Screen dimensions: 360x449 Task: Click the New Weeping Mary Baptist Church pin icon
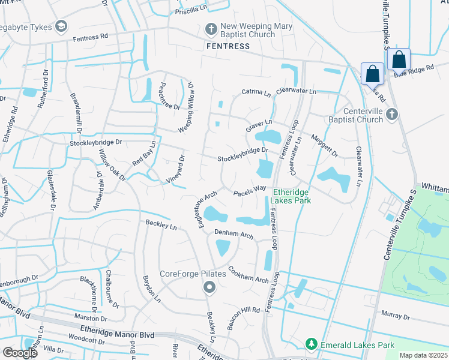(211, 29)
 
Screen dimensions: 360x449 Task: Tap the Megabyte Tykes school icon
(61, 26)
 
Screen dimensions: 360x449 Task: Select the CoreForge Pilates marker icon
(209, 287)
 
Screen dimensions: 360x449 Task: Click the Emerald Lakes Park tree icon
(311, 344)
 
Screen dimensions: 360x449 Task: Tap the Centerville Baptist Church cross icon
(391, 114)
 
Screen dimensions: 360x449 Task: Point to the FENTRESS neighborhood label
(228, 46)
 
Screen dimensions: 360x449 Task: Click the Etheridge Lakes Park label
(292, 196)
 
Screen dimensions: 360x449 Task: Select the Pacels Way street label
(250, 190)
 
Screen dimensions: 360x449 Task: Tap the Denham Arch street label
(234, 233)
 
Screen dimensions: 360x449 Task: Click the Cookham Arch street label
(248, 275)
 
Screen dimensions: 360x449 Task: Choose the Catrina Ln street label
(256, 93)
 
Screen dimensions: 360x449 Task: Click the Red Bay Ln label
(144, 154)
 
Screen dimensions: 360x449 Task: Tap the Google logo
(19, 353)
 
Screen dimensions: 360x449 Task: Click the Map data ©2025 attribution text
(423, 355)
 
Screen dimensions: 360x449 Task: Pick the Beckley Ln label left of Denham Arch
(161, 226)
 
